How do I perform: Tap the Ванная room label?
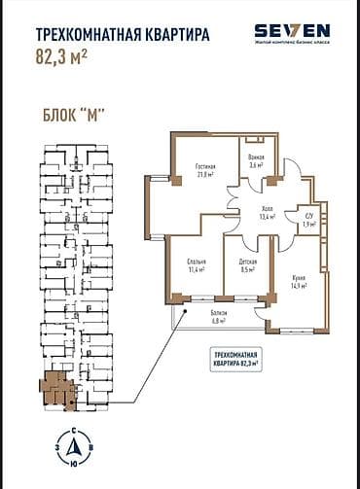[x=256, y=157]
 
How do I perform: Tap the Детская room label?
[x=248, y=262]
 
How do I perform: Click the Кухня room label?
[x=297, y=278]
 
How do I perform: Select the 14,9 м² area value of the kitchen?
[x=297, y=286]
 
